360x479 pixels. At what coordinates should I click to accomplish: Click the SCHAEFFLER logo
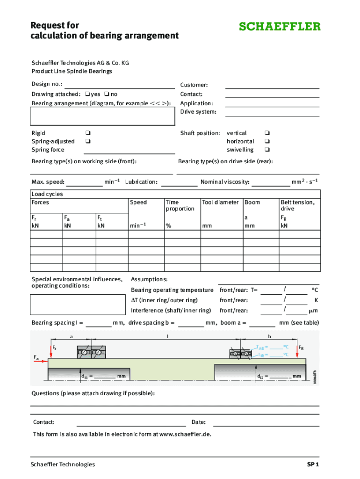280,26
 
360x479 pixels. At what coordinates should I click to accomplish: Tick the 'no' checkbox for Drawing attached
107,94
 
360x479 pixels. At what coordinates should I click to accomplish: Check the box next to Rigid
87,133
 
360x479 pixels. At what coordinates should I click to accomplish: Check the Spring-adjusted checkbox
87,141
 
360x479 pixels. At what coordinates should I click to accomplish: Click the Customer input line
272,85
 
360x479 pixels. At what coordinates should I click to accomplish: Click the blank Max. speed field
84,182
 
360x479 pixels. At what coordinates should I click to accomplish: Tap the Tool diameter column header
220,203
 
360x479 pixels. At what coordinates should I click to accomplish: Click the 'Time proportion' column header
180,205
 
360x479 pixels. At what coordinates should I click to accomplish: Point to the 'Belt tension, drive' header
297,205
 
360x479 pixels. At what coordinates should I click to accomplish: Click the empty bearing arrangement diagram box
102,116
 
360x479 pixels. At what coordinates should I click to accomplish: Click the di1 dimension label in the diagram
85,376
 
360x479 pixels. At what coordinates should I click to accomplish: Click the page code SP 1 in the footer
312,464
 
